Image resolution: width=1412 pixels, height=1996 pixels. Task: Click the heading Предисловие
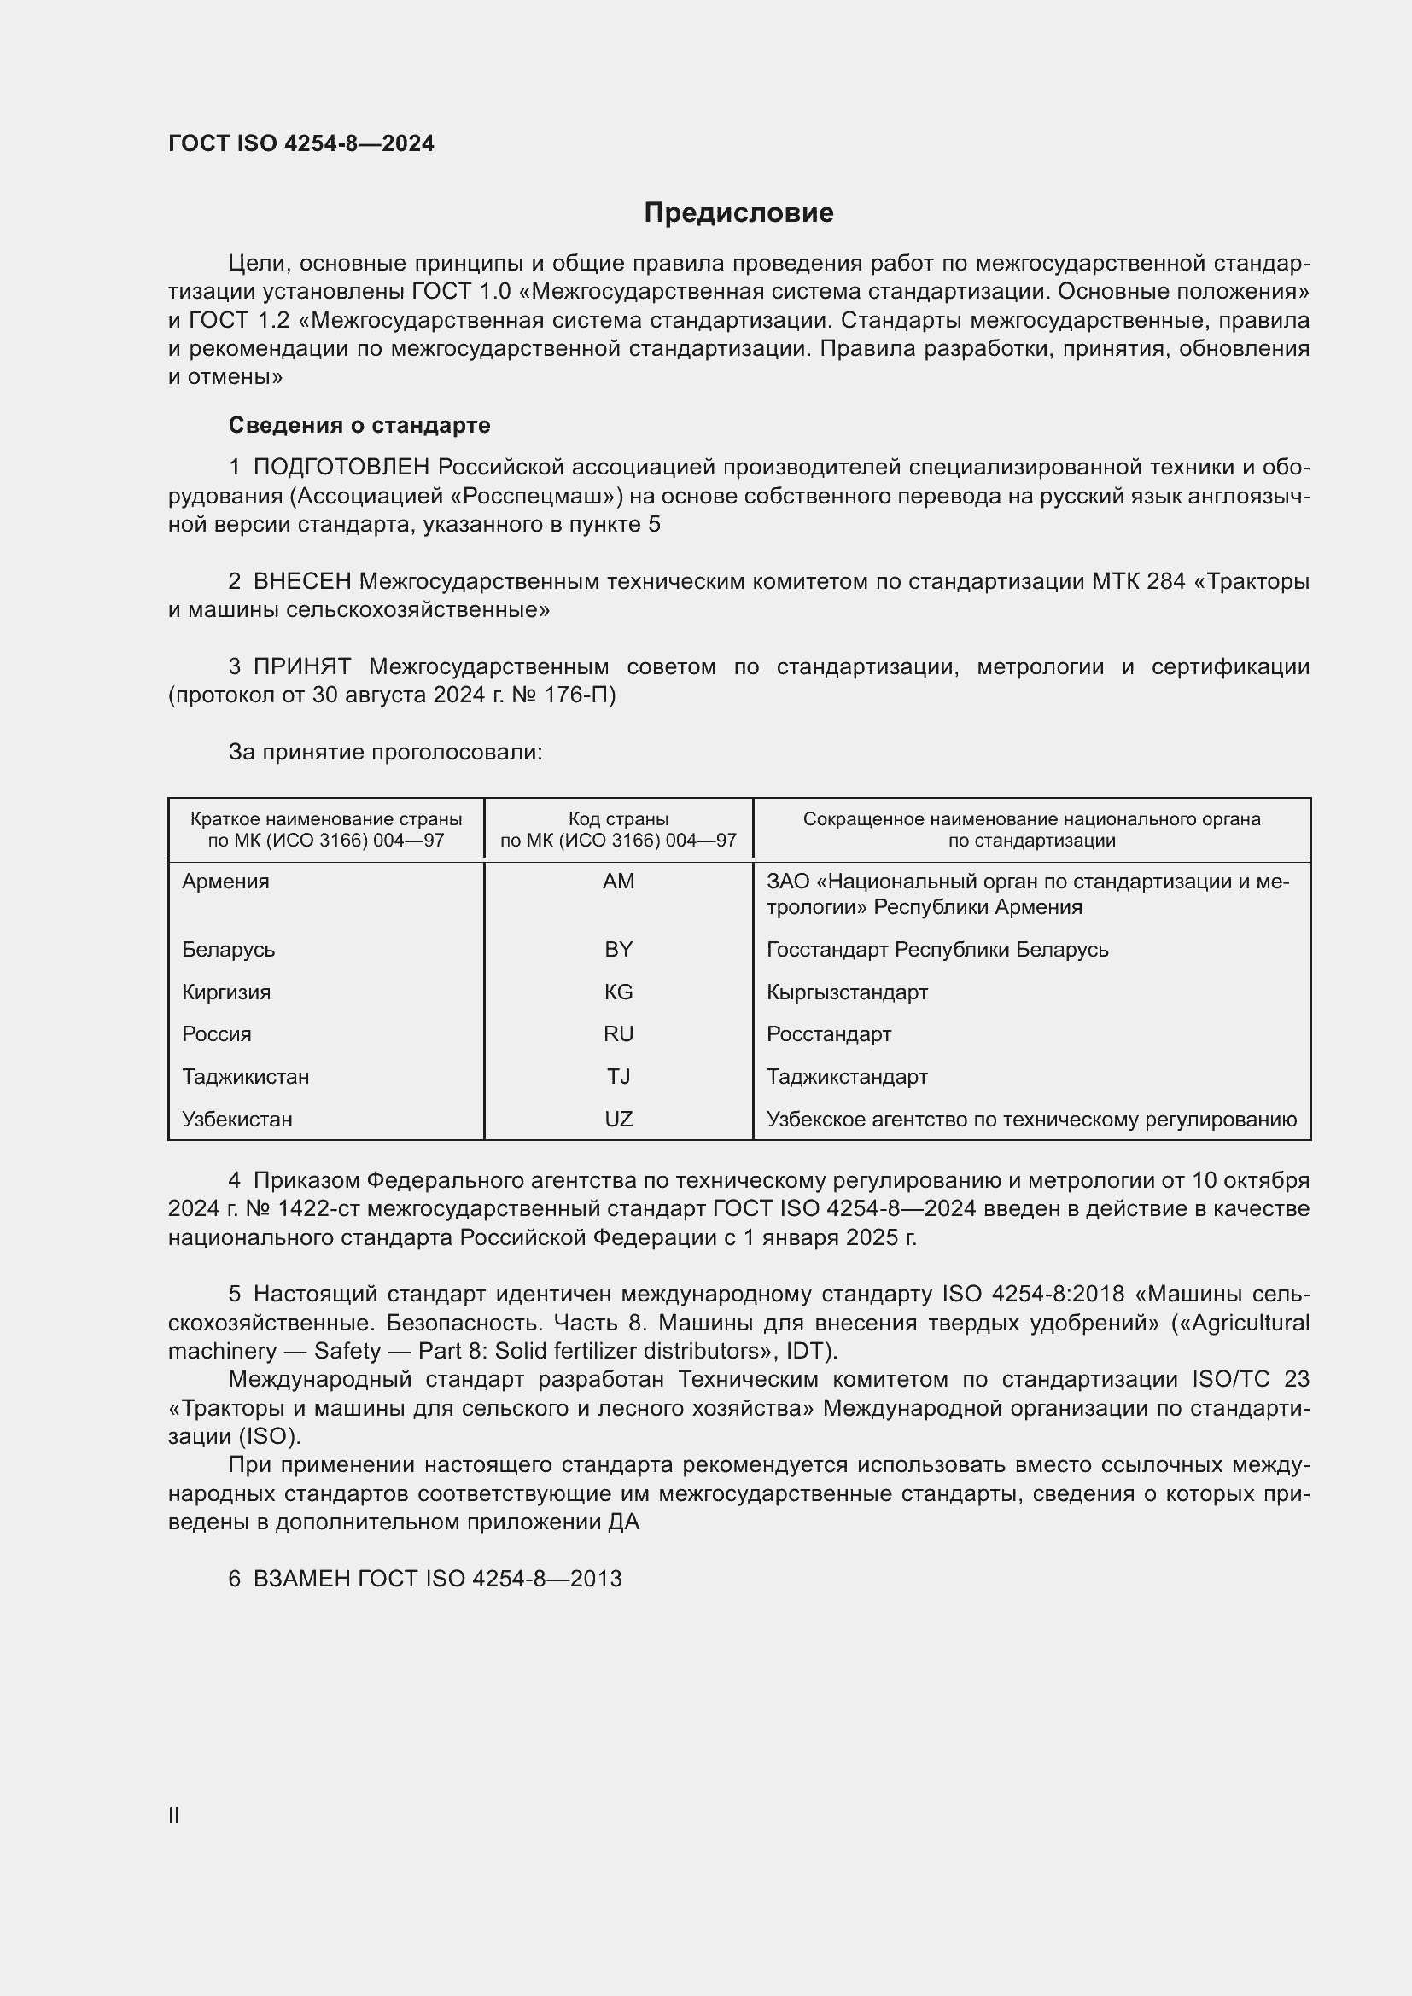[x=738, y=213]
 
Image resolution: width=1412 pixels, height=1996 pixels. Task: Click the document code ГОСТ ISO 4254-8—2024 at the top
[x=300, y=143]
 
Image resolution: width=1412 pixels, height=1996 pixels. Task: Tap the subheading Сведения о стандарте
[x=359, y=425]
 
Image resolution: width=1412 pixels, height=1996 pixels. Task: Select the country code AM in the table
[x=618, y=882]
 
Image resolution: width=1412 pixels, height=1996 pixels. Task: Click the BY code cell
[x=618, y=949]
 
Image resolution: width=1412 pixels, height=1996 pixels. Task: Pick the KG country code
[x=618, y=992]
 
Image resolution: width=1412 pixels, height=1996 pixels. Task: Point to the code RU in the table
[x=618, y=1033]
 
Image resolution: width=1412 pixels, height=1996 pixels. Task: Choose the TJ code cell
[x=618, y=1076]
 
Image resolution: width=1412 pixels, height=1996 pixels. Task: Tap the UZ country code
[x=618, y=1119]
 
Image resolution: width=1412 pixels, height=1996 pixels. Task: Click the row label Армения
[x=226, y=882]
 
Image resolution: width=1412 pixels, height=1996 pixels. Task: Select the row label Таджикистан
[x=245, y=1076]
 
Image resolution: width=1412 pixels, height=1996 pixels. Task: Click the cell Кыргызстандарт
[x=847, y=992]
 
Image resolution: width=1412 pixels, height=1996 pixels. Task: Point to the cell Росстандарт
[x=829, y=1033]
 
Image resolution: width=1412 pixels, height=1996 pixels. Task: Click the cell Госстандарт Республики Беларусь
[x=937, y=949]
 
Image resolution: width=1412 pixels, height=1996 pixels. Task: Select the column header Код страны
[x=618, y=819]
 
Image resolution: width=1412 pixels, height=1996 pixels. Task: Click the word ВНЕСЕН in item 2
[x=302, y=581]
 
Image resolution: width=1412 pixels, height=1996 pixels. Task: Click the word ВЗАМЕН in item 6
[x=301, y=1579]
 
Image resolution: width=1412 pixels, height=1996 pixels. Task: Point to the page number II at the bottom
[x=174, y=1816]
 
